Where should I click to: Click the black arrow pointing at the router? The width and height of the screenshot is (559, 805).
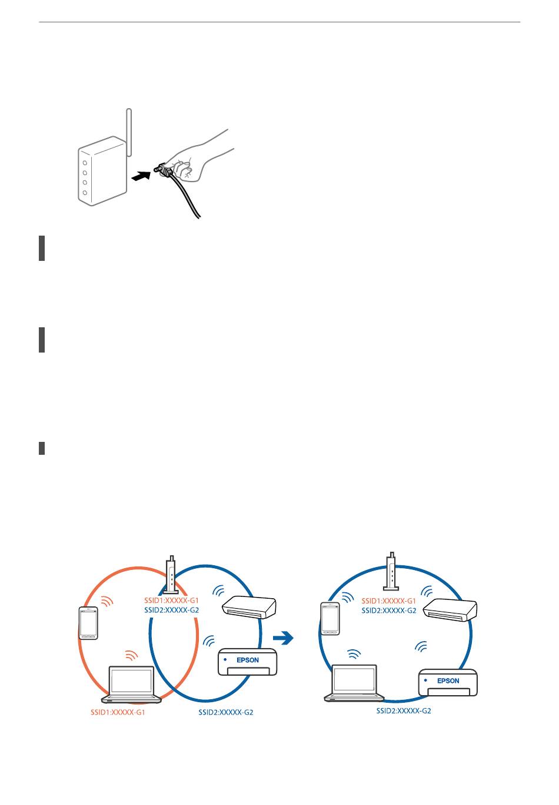(x=141, y=176)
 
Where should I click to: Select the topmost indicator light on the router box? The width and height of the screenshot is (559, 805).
(x=85, y=163)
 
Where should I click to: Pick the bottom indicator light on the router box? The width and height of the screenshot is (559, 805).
(x=85, y=193)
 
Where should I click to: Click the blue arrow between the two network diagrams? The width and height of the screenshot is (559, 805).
(x=283, y=638)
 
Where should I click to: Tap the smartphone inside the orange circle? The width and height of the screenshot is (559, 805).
(x=88, y=623)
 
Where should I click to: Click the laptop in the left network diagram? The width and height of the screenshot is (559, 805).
(x=131, y=685)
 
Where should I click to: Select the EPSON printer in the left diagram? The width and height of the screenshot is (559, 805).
(x=247, y=662)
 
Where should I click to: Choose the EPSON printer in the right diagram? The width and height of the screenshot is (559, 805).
(x=448, y=682)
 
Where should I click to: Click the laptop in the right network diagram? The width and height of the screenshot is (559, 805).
(x=354, y=683)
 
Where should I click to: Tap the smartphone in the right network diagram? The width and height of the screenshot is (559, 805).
(x=330, y=619)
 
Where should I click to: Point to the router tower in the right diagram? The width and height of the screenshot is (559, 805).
(x=391, y=571)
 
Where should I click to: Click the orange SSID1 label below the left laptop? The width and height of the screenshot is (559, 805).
(x=118, y=712)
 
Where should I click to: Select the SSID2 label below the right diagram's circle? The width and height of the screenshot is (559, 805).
(x=404, y=710)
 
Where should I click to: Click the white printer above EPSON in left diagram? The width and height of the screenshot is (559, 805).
(x=249, y=608)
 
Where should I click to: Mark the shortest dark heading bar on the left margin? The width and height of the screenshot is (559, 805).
(x=42, y=448)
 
